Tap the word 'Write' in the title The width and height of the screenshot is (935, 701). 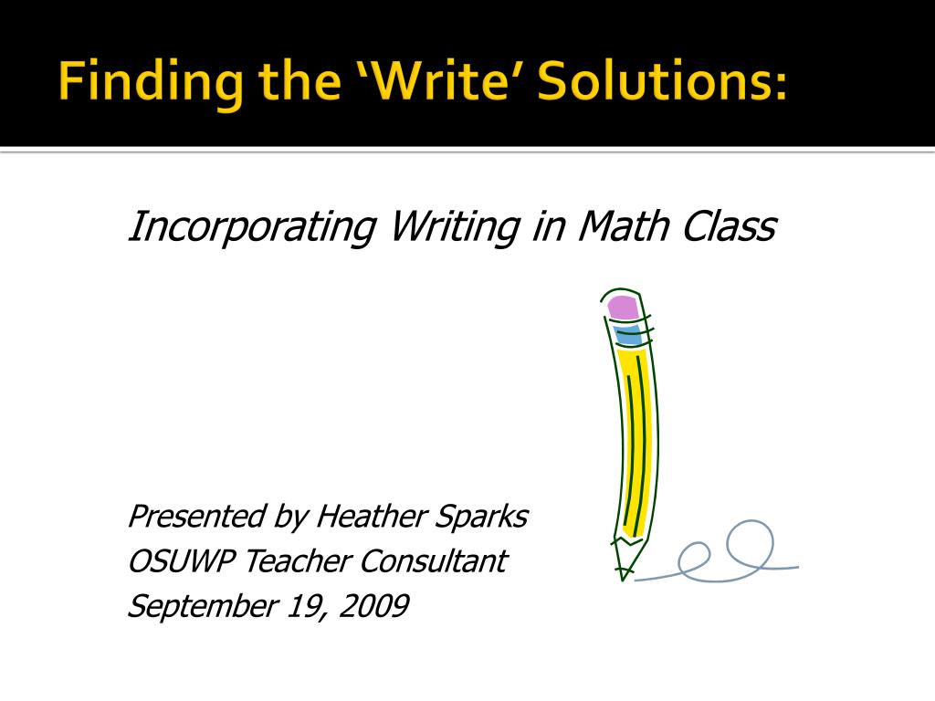pos(439,80)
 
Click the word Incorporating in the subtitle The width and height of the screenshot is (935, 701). pos(252,227)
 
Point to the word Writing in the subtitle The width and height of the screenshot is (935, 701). pos(455,227)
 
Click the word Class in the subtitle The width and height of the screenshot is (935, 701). pos(729,226)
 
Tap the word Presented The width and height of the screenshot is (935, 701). pos(195,516)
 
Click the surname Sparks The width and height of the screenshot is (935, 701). pos(480,517)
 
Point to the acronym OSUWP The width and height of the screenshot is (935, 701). pos(181,561)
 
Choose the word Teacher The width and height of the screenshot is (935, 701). pos(298,561)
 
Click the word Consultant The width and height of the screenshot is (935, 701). pos(434,561)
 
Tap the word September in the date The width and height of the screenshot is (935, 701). pos(202,607)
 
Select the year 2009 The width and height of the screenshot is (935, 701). pos(373,606)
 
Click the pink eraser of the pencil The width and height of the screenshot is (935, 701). pos(623,307)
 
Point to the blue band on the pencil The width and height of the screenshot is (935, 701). pos(628,335)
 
